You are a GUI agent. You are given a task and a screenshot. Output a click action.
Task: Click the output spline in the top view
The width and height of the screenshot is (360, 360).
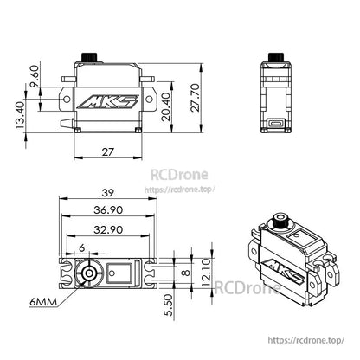coord(87,273)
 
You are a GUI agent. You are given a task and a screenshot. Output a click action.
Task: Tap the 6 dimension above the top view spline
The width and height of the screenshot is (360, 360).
coord(82,248)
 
